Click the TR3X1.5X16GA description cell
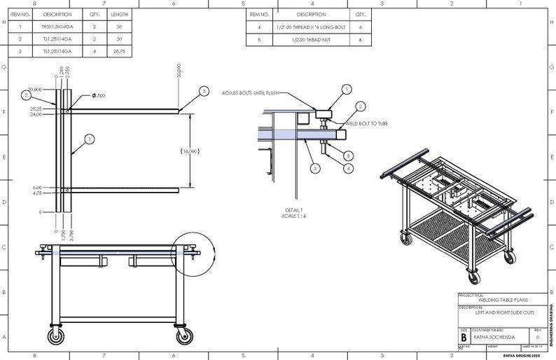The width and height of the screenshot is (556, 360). [x=57, y=27]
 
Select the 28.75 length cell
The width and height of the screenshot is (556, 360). [x=118, y=51]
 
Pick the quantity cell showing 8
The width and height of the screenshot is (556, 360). [x=360, y=40]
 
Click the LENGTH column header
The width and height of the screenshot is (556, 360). [x=118, y=14]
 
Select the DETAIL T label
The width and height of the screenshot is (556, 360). [x=293, y=209]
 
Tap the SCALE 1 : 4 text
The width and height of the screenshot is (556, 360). [x=293, y=215]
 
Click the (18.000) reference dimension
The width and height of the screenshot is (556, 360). [x=190, y=151]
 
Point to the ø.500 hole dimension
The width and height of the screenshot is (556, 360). [x=99, y=95]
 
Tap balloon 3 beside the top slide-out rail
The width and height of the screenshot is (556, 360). [x=204, y=91]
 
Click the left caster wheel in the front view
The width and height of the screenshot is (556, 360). [x=55, y=336]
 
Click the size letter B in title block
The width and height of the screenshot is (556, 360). [x=464, y=336]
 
